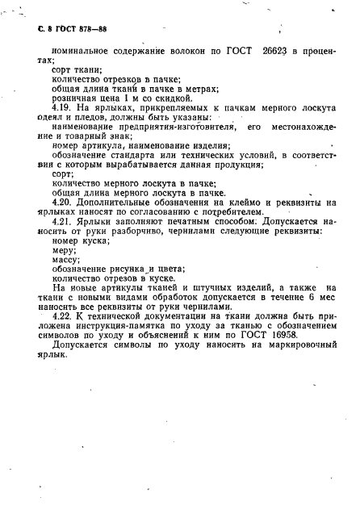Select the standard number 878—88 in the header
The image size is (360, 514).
[92, 29]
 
